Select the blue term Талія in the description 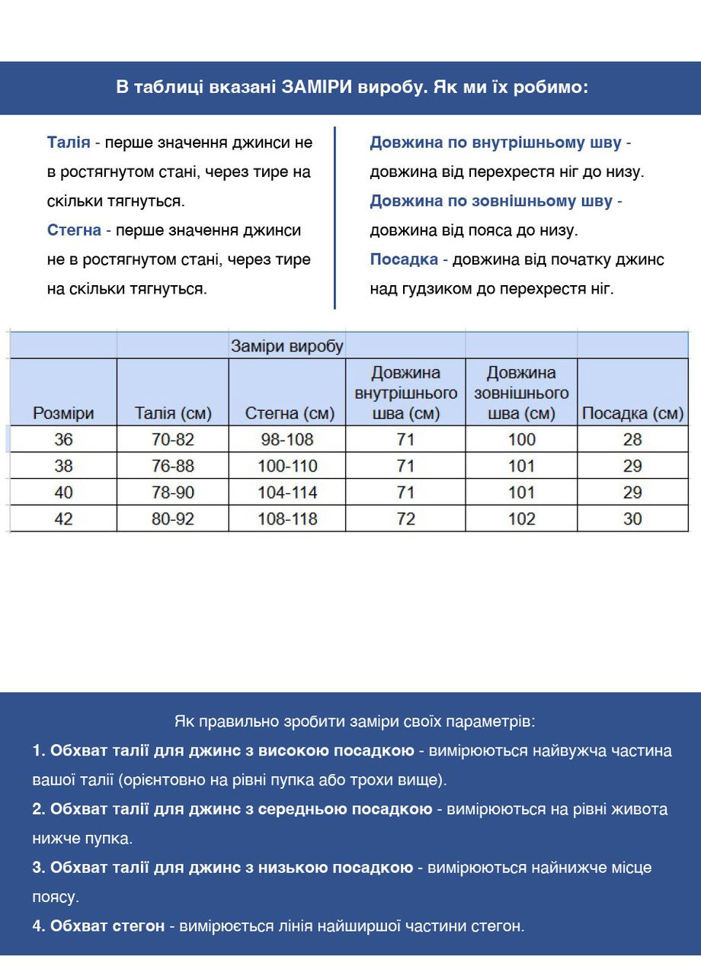point(69,143)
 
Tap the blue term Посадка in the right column point(404,259)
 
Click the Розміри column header point(63,413)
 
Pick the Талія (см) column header point(173,413)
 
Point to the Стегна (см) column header point(290,413)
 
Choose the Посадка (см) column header point(632,413)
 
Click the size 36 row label point(63,439)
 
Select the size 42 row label point(63,518)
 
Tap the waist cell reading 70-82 point(173,439)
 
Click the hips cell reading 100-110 point(287,466)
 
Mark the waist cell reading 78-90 point(173,493)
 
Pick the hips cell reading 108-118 point(287,518)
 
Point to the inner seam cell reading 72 point(405,518)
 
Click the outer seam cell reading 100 point(521,439)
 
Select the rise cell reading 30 point(632,518)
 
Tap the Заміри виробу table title point(287,346)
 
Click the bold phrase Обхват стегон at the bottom point(107,926)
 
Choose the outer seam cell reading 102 point(521,518)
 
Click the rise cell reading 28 point(632,439)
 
